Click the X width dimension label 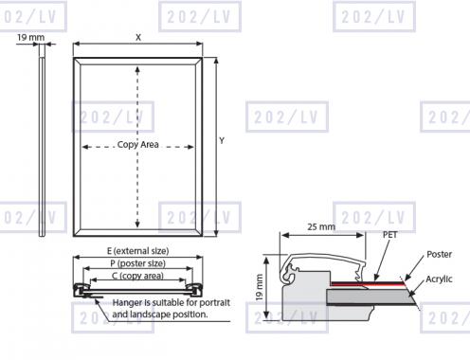pyautogui.click(x=138, y=38)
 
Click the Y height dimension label pyautogui.click(x=222, y=140)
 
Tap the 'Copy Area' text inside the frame pyautogui.click(x=137, y=145)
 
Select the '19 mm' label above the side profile pyautogui.click(x=30, y=38)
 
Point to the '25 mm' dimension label pyautogui.click(x=321, y=226)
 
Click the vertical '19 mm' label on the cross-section pyautogui.click(x=259, y=287)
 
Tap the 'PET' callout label pyautogui.click(x=390, y=235)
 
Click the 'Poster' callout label pyautogui.click(x=439, y=254)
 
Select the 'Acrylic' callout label pyautogui.click(x=439, y=279)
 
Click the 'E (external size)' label pyautogui.click(x=137, y=251)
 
